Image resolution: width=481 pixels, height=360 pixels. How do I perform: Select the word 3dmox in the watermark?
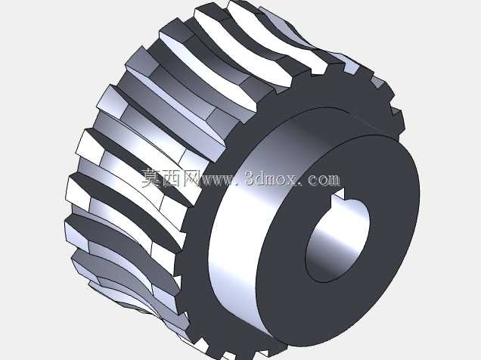[272, 178]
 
